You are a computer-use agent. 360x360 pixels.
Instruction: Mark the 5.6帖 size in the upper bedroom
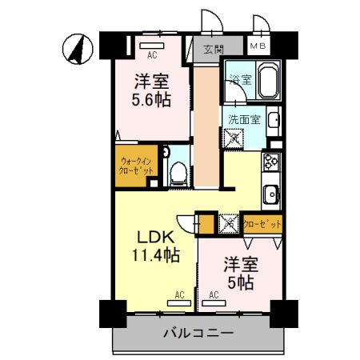coord(151,99)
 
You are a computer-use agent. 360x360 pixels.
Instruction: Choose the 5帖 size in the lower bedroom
coord(239,281)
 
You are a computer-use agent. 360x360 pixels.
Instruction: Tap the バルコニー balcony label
coord(198,332)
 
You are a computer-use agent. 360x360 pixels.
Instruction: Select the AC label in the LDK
coord(179,295)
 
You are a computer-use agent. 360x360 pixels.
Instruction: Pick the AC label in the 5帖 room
coord(214,295)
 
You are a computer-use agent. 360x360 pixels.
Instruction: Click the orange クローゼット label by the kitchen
coord(261,225)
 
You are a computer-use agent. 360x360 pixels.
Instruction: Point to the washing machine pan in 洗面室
coord(235,138)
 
